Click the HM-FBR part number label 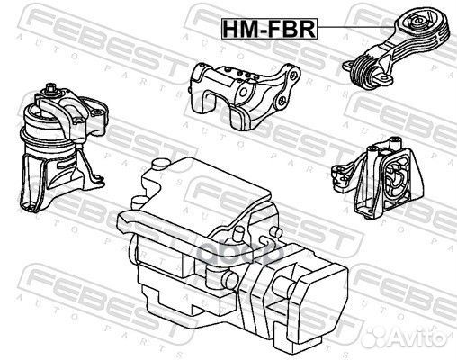(269, 29)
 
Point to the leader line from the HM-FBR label (355, 27)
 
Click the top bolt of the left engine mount (49, 89)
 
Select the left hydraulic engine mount (64, 148)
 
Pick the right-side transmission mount (378, 178)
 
